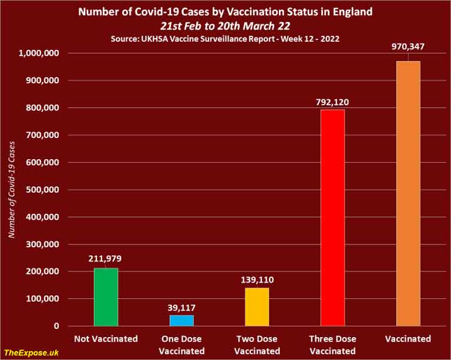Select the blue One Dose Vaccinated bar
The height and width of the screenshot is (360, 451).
click(x=181, y=320)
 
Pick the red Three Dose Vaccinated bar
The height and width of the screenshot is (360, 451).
click(x=332, y=217)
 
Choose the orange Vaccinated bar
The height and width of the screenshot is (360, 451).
click(x=408, y=193)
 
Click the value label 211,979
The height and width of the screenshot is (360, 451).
click(x=106, y=258)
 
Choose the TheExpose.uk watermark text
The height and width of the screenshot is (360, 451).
click(x=29, y=351)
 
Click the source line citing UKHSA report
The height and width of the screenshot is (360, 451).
click(x=225, y=38)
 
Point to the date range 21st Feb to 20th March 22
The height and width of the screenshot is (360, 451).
click(x=225, y=25)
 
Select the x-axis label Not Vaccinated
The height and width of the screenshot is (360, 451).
click(x=106, y=339)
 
